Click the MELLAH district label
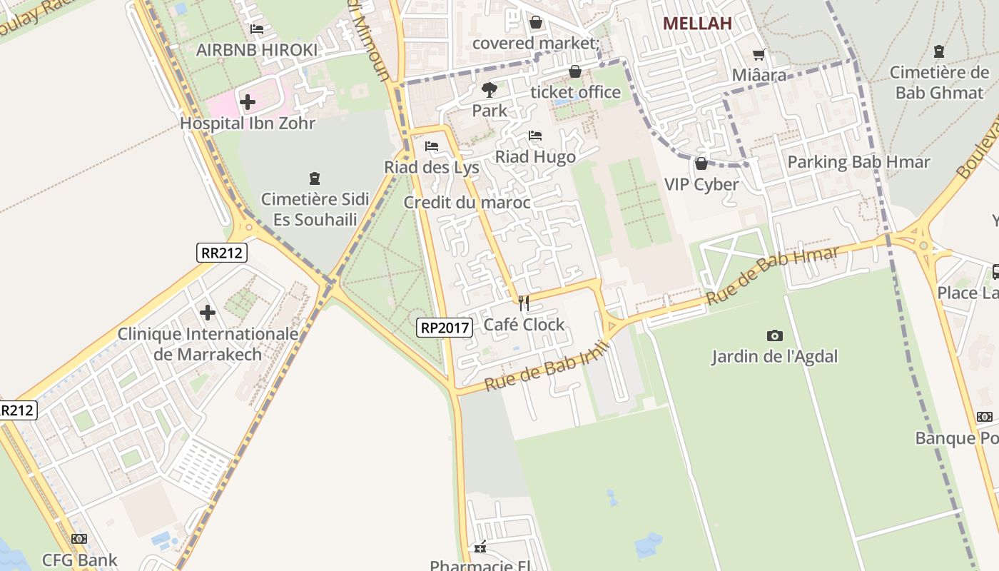coord(697,24)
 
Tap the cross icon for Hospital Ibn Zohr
coord(248,102)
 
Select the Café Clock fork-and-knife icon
coord(524,303)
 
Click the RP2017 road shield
coord(445,328)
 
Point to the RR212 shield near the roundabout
coord(221,252)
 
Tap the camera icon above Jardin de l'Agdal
coord(774,335)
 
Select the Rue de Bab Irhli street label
coord(546,365)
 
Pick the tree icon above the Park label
coord(489,90)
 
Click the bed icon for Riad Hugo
coord(535,136)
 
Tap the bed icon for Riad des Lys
coord(432,146)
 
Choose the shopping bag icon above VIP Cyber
coord(701,163)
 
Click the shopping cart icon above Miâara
coord(759,54)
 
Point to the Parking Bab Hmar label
coord(858,162)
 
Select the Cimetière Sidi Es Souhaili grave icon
coord(315,178)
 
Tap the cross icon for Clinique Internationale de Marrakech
coord(208,313)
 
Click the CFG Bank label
coord(79,560)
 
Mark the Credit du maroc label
coord(467,203)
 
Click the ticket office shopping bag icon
coord(575,71)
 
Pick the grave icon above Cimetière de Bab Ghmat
coord(939,51)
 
